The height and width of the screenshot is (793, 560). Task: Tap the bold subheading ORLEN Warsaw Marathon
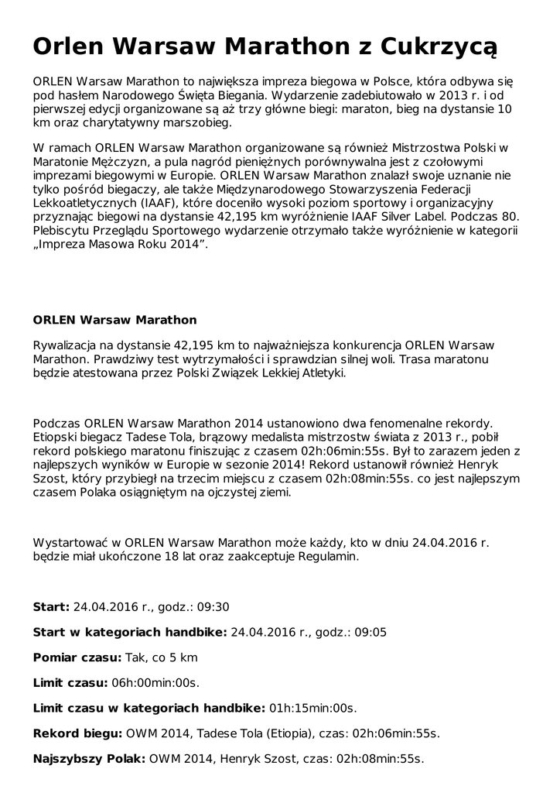[x=114, y=320]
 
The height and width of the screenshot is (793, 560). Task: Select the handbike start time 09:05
[x=370, y=633]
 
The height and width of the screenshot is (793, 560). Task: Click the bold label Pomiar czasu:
[x=77, y=658]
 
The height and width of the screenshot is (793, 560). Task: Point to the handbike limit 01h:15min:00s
[x=312, y=708]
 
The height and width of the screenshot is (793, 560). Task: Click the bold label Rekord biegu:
[x=77, y=733]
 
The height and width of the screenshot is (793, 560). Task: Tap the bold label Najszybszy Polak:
[x=89, y=759]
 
